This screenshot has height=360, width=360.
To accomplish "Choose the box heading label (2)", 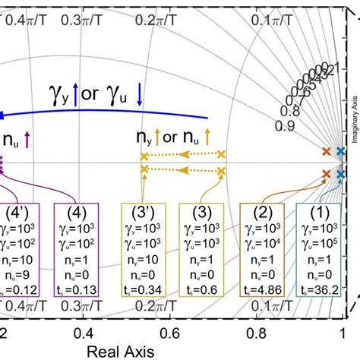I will coord(264,212).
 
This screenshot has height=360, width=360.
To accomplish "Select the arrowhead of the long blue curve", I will coord(4,115).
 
